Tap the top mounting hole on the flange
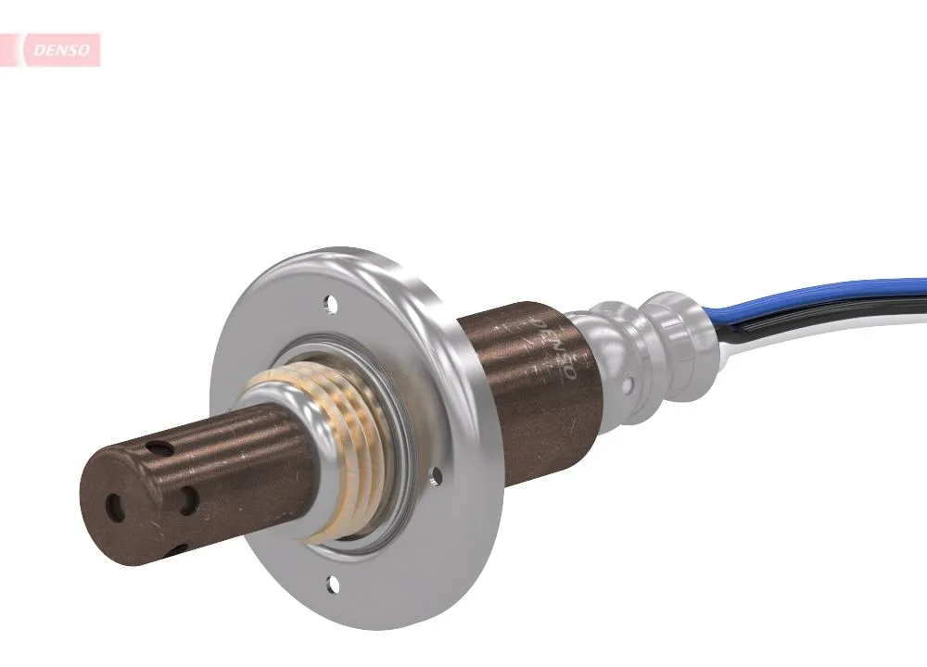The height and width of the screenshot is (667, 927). pyautogui.click(x=327, y=302)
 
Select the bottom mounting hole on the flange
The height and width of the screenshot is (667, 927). pyautogui.click(x=332, y=583)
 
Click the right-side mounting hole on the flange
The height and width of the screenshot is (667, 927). pyautogui.click(x=437, y=476)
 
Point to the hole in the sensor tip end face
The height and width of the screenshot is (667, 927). pyautogui.click(x=115, y=506)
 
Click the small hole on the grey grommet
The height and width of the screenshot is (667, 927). pyautogui.click(x=629, y=382)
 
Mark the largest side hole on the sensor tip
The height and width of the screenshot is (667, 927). pyautogui.click(x=189, y=501)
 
